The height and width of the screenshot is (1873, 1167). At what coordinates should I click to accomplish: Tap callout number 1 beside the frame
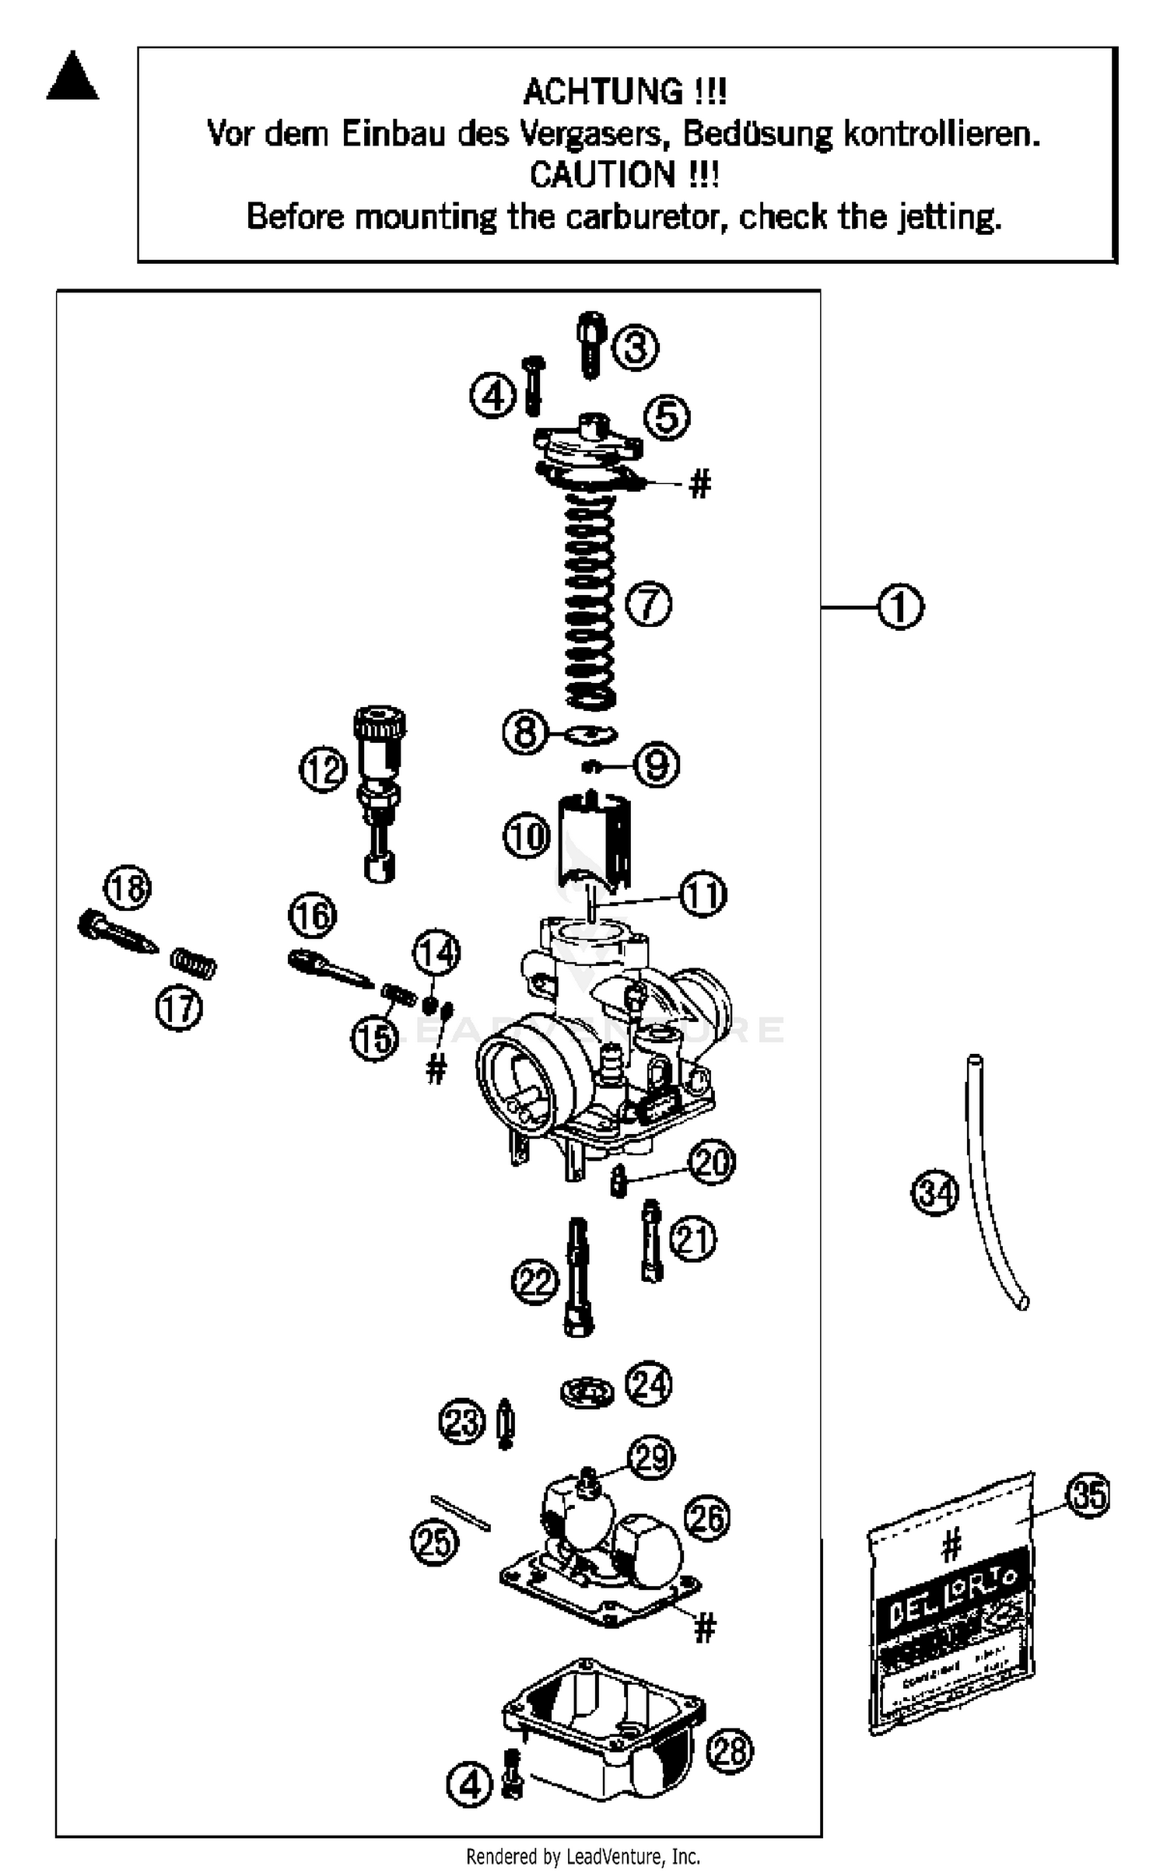900,607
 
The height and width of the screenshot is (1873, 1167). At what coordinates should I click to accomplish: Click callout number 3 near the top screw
636,347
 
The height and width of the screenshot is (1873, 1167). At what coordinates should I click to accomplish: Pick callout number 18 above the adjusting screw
128,888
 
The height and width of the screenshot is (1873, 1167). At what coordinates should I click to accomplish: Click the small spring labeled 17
194,965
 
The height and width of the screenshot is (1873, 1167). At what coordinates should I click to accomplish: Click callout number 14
436,953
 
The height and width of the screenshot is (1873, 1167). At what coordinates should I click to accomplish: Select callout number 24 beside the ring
650,1385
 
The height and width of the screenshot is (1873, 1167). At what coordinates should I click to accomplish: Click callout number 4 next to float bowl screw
470,1784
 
